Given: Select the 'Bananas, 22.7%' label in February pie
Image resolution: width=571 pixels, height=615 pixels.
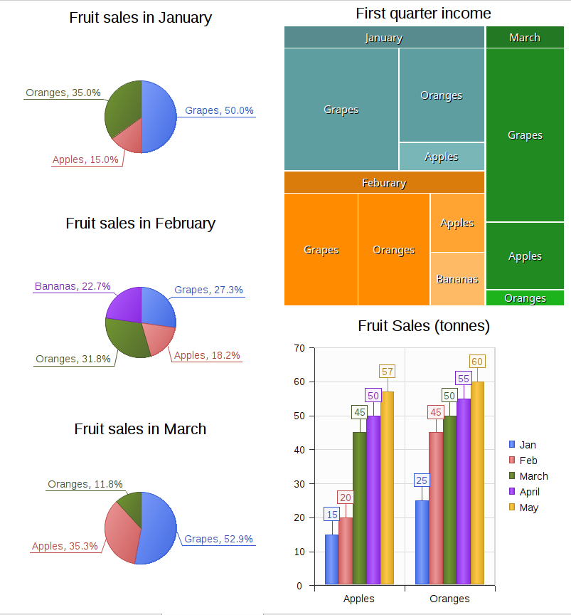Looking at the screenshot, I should (73, 286).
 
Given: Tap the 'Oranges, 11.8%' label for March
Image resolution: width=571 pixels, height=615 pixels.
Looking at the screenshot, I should (85, 484).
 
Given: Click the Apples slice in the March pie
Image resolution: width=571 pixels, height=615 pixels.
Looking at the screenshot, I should (121, 530).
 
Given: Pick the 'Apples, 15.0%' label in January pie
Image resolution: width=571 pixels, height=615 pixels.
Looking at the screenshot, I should (85, 159).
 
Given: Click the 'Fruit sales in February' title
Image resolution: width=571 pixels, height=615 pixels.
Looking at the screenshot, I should (140, 224).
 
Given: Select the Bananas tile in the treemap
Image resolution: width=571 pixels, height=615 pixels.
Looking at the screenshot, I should (457, 279).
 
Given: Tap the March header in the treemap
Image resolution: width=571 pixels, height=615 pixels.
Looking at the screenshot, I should (525, 38).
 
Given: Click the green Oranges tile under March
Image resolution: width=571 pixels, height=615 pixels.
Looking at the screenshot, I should (525, 298).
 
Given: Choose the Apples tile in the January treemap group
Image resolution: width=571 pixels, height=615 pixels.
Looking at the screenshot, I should (442, 157).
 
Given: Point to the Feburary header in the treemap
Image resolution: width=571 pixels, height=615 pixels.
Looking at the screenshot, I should (384, 183).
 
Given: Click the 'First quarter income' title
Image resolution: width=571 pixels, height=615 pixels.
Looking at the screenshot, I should (423, 14).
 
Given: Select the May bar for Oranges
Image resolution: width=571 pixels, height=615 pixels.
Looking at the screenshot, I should (477, 484).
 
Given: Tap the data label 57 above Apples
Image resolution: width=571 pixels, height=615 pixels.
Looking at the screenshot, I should (388, 372).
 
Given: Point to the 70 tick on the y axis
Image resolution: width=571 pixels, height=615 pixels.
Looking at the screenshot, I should (299, 348).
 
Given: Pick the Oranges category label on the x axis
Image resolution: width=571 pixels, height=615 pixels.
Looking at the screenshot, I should (449, 599).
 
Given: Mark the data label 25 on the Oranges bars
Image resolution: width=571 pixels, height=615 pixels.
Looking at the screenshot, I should (422, 480).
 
